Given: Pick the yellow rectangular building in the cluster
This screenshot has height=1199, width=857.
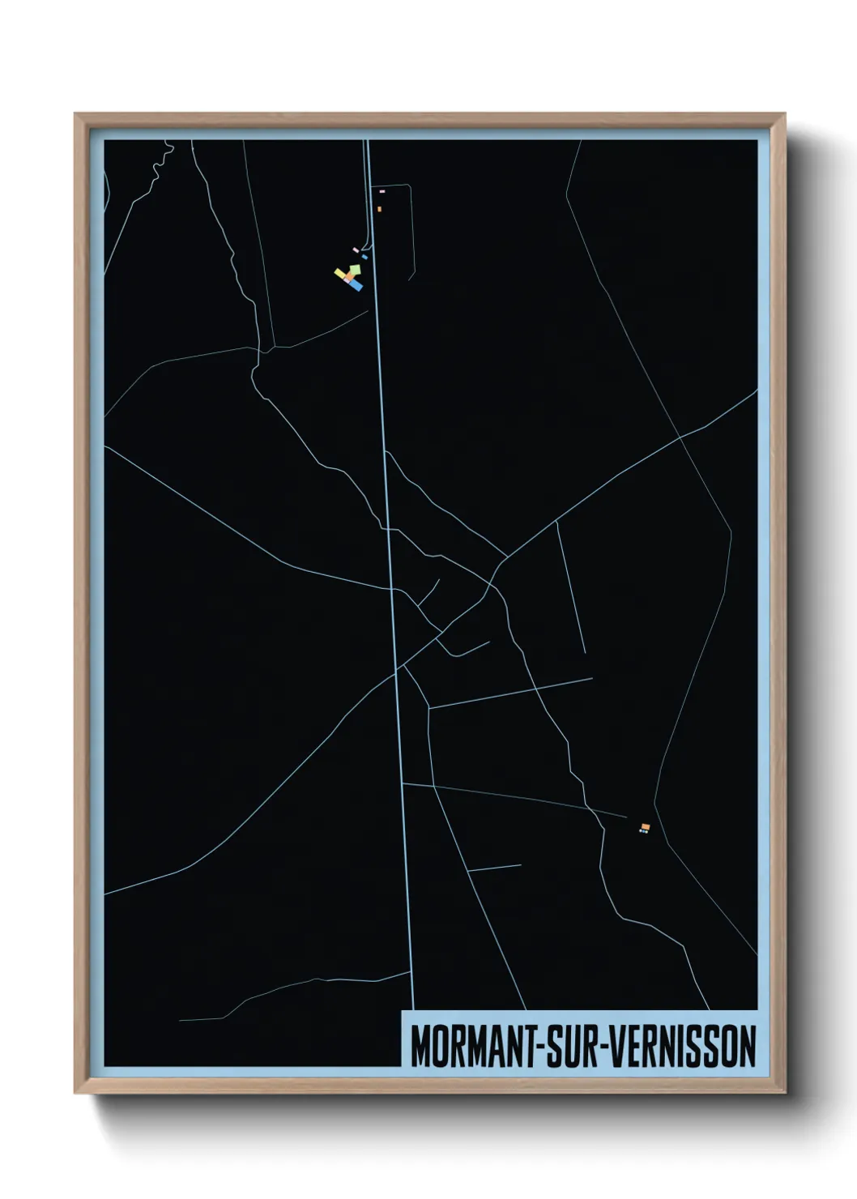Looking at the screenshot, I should [x=340, y=274].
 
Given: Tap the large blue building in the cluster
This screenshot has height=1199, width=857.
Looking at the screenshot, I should [x=356, y=285].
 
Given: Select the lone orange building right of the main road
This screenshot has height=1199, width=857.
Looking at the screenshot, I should [x=379, y=209].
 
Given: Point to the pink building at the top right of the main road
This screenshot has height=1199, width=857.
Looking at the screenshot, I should [x=382, y=191].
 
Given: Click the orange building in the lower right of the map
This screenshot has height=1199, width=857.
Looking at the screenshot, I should [x=646, y=826].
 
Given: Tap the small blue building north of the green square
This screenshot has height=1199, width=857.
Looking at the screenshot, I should [x=365, y=257].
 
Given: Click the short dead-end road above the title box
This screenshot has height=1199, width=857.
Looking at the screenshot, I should [x=494, y=868].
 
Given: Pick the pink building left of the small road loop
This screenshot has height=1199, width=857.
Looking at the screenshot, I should [x=355, y=250].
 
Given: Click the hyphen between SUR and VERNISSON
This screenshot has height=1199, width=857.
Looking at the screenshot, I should [x=600, y=1048].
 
